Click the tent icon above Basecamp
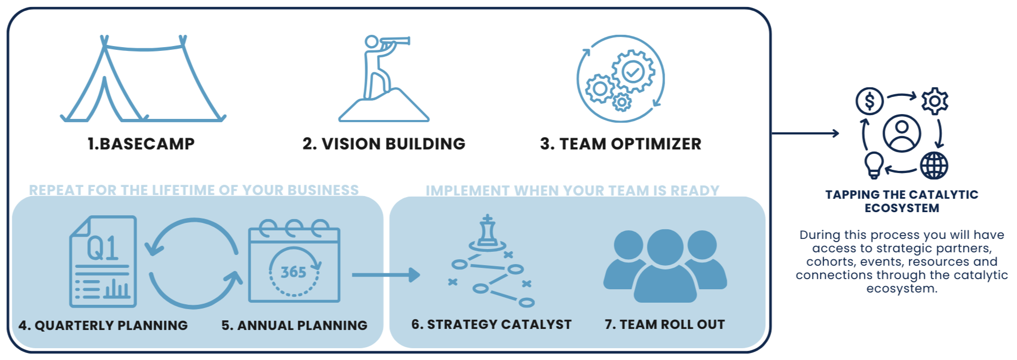pyautogui.click(x=142, y=80)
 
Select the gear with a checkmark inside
pyautogui.click(x=632, y=71)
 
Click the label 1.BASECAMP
pyautogui.click(x=141, y=144)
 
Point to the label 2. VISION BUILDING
pyautogui.click(x=384, y=144)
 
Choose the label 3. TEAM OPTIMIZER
pyautogui.click(x=621, y=144)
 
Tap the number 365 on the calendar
pyautogui.click(x=293, y=272)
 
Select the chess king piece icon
pyautogui.click(x=487, y=231)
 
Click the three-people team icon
pyautogui.click(x=665, y=265)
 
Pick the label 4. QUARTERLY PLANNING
pyautogui.click(x=103, y=325)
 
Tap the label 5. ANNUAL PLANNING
pyautogui.click(x=295, y=325)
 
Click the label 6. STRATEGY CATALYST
pyautogui.click(x=491, y=324)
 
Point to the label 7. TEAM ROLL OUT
pyautogui.click(x=665, y=324)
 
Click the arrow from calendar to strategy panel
pyautogui.click(x=386, y=275)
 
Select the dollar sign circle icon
pyautogui.click(x=869, y=100)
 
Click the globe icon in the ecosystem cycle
pyautogui.click(x=934, y=166)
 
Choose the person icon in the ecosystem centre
pyautogui.click(x=902, y=133)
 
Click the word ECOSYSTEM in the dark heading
pyautogui.click(x=902, y=208)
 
